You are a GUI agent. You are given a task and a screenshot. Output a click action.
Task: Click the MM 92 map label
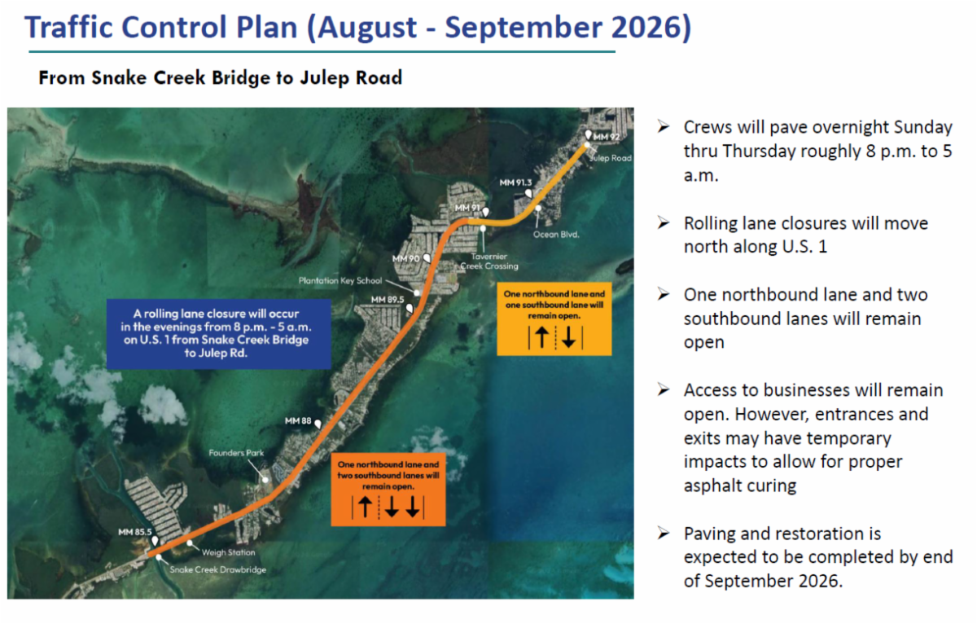click(607, 137)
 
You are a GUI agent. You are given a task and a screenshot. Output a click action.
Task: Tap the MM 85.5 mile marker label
click(135, 532)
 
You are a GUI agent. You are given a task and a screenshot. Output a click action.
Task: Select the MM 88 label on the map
click(298, 420)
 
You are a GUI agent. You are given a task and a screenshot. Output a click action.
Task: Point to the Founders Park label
click(236, 453)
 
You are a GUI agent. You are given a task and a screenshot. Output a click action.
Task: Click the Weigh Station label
click(228, 552)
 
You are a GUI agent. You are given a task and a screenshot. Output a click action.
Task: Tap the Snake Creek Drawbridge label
click(217, 569)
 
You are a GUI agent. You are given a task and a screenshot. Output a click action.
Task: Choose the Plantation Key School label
click(340, 280)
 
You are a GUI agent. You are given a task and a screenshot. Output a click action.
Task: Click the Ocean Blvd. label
click(556, 235)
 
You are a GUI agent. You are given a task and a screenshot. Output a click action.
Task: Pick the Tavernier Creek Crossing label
click(489, 261)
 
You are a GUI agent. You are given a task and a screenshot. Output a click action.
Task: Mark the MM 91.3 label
click(515, 182)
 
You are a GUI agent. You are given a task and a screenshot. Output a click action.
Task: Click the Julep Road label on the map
click(611, 158)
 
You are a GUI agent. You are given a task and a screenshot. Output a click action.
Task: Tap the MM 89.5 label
click(388, 300)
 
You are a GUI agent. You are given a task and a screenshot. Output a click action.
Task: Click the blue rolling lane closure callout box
click(218, 334)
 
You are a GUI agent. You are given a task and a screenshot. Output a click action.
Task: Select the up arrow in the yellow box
click(541, 337)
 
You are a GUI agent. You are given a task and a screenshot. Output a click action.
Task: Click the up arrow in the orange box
click(365, 507)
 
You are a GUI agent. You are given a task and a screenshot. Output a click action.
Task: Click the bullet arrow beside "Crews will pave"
click(664, 127)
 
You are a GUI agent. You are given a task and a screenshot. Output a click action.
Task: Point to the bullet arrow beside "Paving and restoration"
click(664, 534)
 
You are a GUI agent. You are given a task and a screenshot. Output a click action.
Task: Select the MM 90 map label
click(405, 258)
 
